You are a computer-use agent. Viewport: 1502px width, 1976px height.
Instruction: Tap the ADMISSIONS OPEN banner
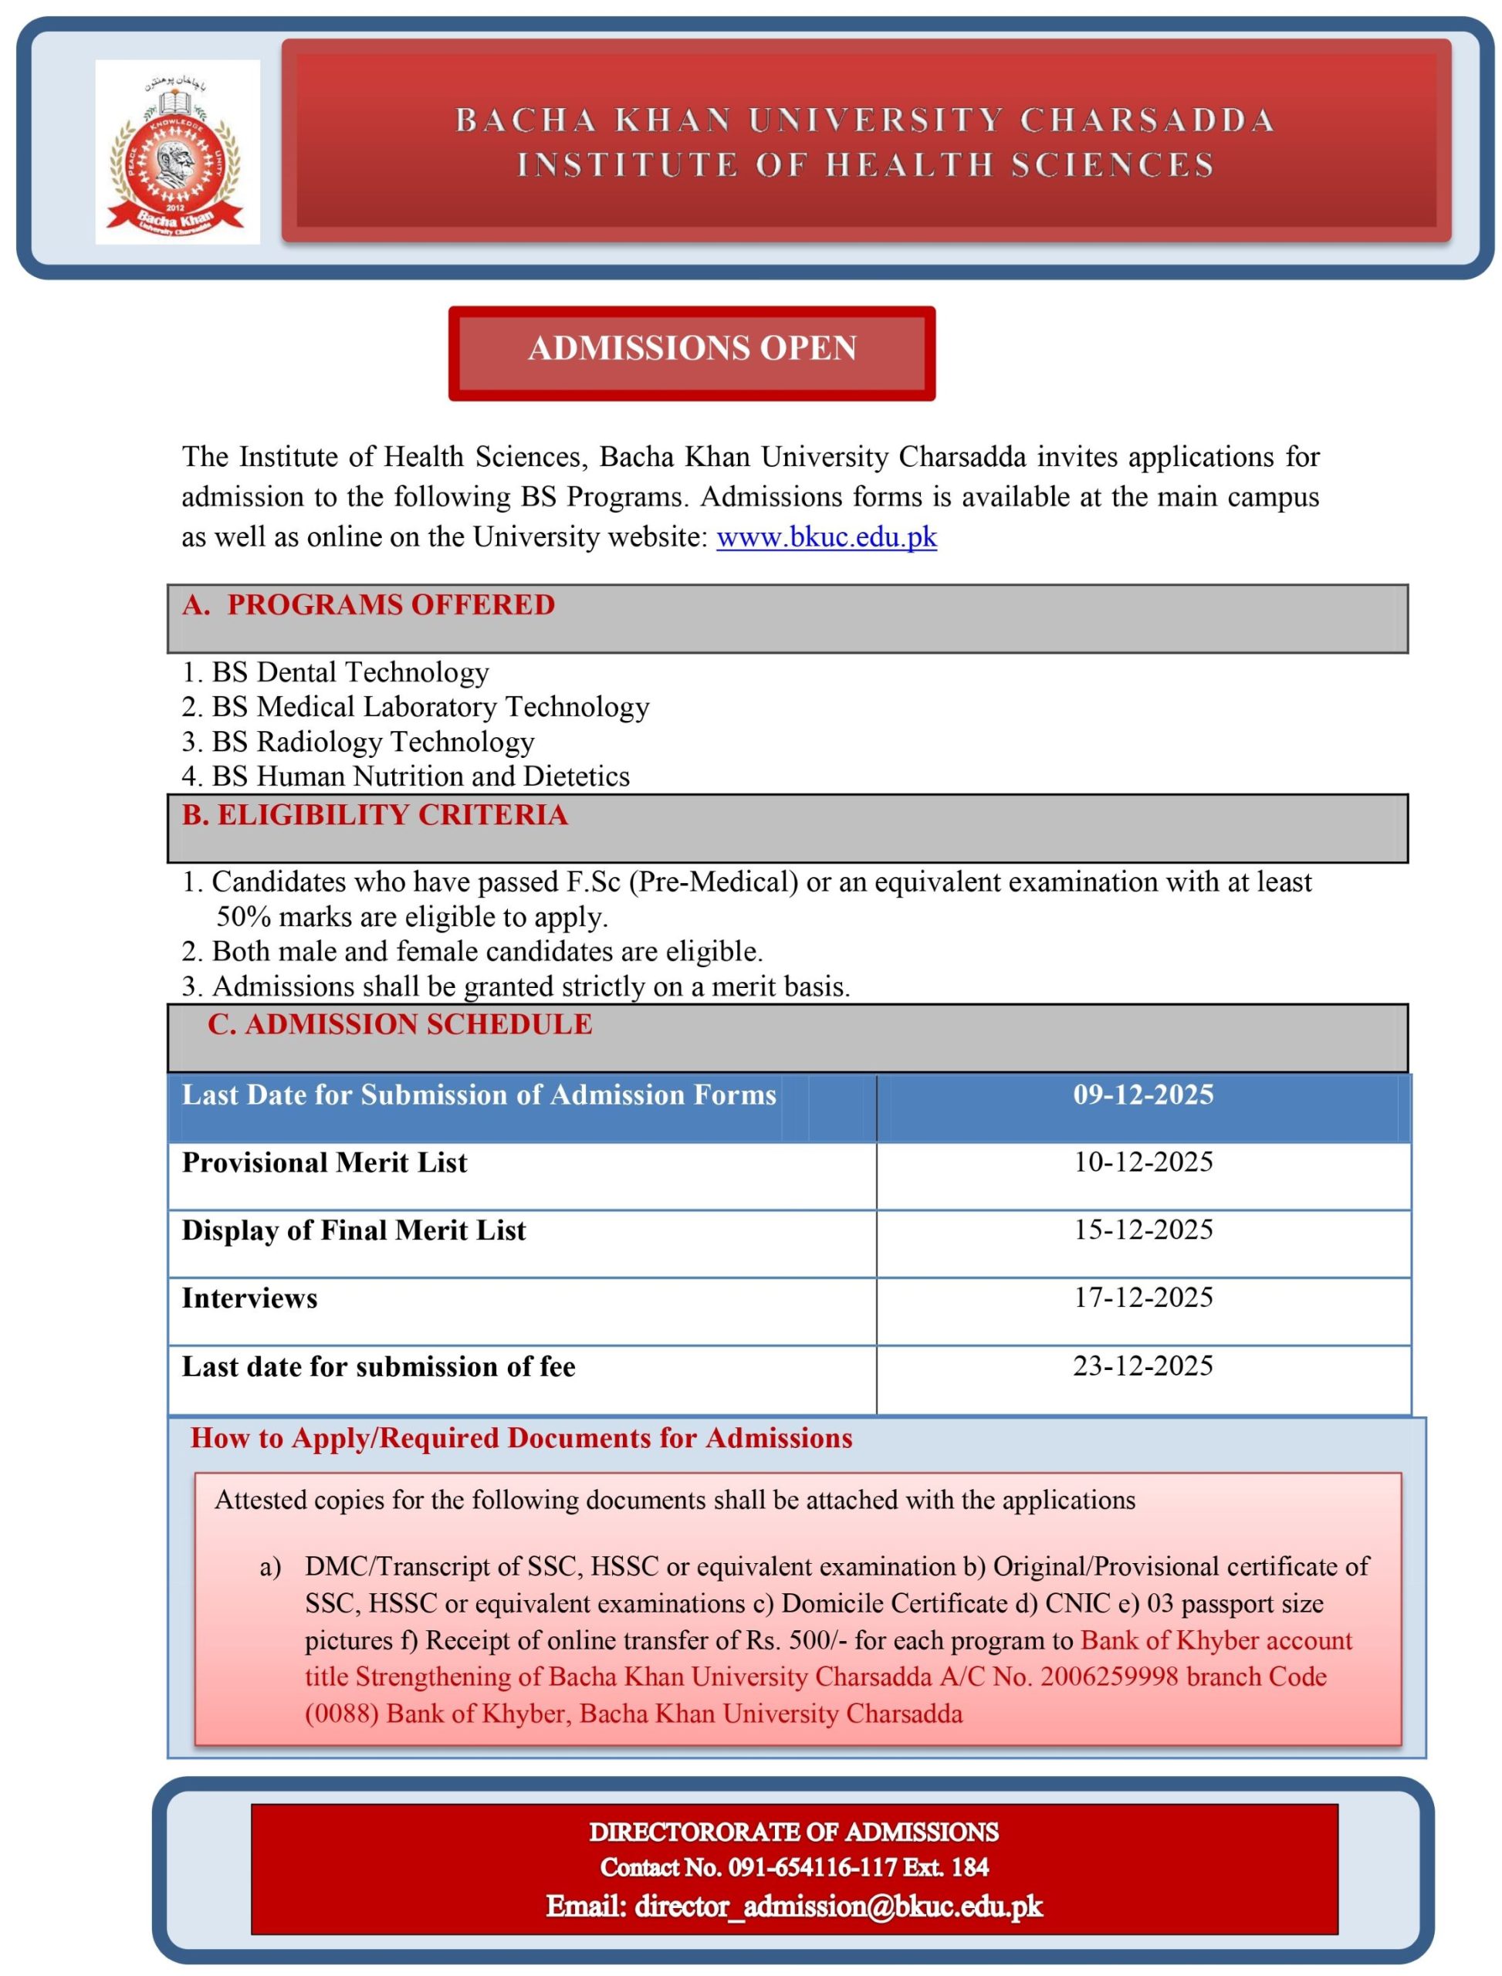coord(692,349)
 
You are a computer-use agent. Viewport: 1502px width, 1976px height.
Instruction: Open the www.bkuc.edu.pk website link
coord(826,537)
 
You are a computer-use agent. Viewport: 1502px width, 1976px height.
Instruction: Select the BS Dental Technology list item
coord(350,672)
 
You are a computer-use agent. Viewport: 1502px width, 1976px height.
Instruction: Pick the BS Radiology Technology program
coord(372,742)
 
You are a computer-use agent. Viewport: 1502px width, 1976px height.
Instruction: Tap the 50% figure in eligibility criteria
coord(243,917)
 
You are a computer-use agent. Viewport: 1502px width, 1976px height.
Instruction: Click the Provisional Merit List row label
coord(324,1163)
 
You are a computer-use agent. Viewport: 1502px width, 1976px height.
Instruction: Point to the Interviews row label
coord(249,1299)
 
